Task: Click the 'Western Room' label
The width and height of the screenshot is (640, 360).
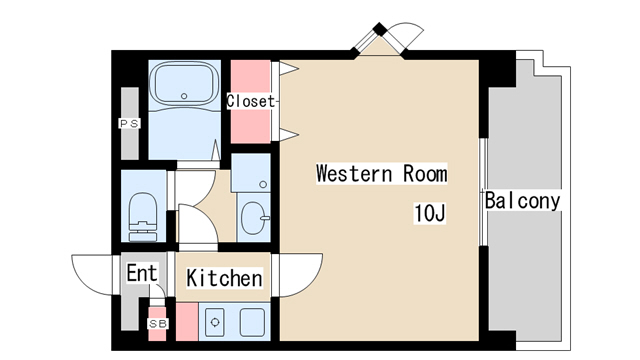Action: pyautogui.click(x=382, y=173)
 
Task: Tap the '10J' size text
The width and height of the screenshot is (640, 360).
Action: pyautogui.click(x=429, y=213)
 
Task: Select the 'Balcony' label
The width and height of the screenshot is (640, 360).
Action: pyautogui.click(x=522, y=201)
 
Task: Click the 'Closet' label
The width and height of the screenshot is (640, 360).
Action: pyautogui.click(x=251, y=101)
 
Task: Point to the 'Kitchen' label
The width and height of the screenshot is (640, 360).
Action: pyautogui.click(x=224, y=278)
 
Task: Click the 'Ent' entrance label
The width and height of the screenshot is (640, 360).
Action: pyautogui.click(x=142, y=273)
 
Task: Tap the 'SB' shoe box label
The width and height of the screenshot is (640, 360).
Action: pyautogui.click(x=158, y=324)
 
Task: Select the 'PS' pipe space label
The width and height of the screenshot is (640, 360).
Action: pyautogui.click(x=129, y=123)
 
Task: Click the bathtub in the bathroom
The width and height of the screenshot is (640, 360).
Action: pyautogui.click(x=184, y=84)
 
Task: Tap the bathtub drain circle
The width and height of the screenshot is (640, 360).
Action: pyautogui.click(x=184, y=96)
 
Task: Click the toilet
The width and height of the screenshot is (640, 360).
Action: pyautogui.click(x=143, y=217)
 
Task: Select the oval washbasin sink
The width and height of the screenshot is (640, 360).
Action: pyautogui.click(x=254, y=218)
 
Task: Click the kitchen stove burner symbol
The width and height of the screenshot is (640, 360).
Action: pyautogui.click(x=215, y=322)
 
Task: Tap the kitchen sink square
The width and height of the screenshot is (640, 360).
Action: pyautogui.click(x=252, y=322)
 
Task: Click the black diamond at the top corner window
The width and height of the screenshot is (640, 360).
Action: pyautogui.click(x=380, y=29)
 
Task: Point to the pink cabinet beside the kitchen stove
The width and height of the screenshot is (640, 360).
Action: pyautogui.click(x=187, y=322)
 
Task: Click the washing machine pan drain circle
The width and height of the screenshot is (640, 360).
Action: pyautogui.click(x=263, y=184)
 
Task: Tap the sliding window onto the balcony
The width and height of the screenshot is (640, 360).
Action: pyautogui.click(x=483, y=192)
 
